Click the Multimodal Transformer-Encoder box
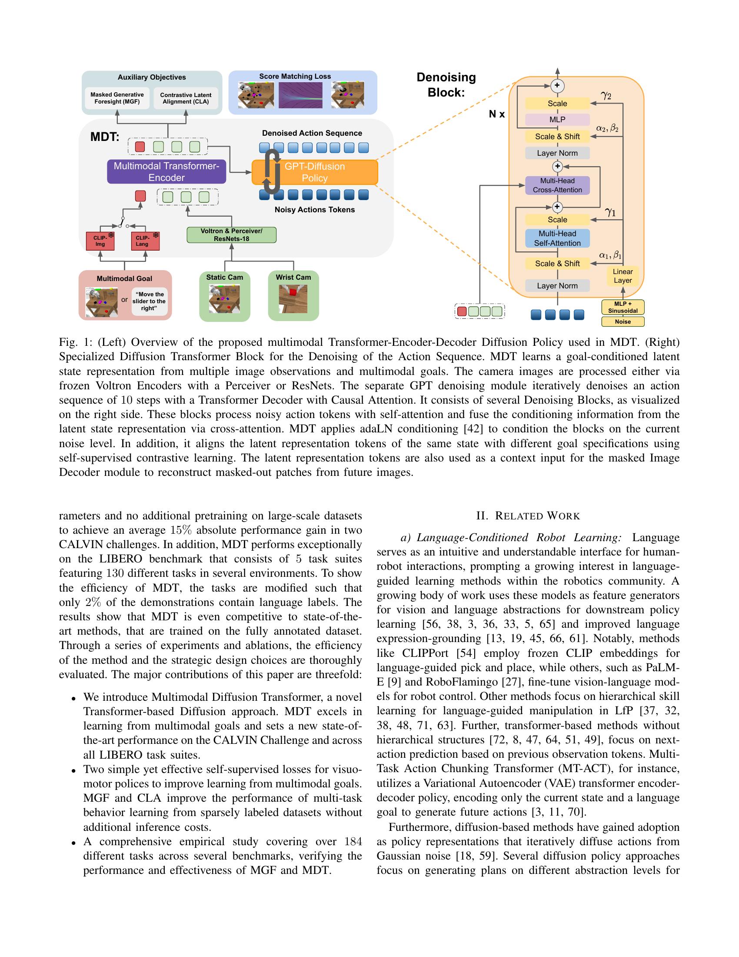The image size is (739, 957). [x=166, y=172]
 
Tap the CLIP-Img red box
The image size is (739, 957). [x=100, y=241]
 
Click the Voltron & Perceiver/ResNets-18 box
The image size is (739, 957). [x=231, y=235]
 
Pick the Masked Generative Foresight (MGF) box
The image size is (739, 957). [x=117, y=98]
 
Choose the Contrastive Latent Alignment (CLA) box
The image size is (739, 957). [x=186, y=98]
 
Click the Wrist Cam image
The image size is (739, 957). [x=293, y=299]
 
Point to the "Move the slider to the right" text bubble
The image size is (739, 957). [x=149, y=301]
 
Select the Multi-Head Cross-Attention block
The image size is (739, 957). [x=557, y=185]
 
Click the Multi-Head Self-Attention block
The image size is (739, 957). [x=557, y=238]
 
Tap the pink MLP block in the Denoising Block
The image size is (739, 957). [x=557, y=120]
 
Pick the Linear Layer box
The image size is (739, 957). [x=622, y=276]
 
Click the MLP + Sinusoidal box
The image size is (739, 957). [x=622, y=307]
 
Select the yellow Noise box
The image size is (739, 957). [x=622, y=321]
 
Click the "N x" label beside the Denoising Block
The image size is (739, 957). [x=496, y=114]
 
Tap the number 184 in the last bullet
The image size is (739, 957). [x=353, y=841]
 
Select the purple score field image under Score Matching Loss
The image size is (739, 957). [x=300, y=96]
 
